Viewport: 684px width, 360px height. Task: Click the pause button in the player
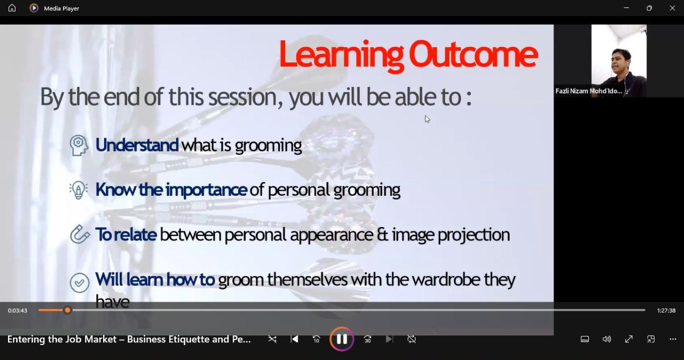[x=341, y=339]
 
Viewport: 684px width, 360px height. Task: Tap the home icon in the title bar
[x=12, y=8]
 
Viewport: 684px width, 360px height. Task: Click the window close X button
[x=672, y=8]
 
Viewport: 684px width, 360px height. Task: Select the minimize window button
[x=627, y=8]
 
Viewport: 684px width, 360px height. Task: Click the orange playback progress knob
[x=67, y=310]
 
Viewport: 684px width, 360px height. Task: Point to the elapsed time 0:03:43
[x=18, y=310]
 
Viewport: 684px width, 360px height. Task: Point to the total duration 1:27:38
[x=666, y=310]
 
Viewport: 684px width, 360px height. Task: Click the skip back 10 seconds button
[x=316, y=339]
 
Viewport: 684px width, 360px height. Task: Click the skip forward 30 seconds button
[x=367, y=339]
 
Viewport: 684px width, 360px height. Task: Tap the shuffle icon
[x=272, y=339]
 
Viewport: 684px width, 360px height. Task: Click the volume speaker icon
[x=607, y=339]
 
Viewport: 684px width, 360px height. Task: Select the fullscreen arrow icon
[x=629, y=339]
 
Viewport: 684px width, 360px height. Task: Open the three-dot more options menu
[x=673, y=339]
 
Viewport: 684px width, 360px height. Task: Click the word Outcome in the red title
[x=473, y=55]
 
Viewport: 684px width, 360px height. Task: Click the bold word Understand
[x=137, y=145]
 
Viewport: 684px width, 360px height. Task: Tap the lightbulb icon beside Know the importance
[x=79, y=190]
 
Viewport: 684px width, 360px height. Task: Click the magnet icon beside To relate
[x=80, y=234]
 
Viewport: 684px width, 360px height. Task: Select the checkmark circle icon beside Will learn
[x=80, y=283]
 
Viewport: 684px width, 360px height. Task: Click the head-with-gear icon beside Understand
[x=79, y=145]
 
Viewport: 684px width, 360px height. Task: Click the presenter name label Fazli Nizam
[x=588, y=91]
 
